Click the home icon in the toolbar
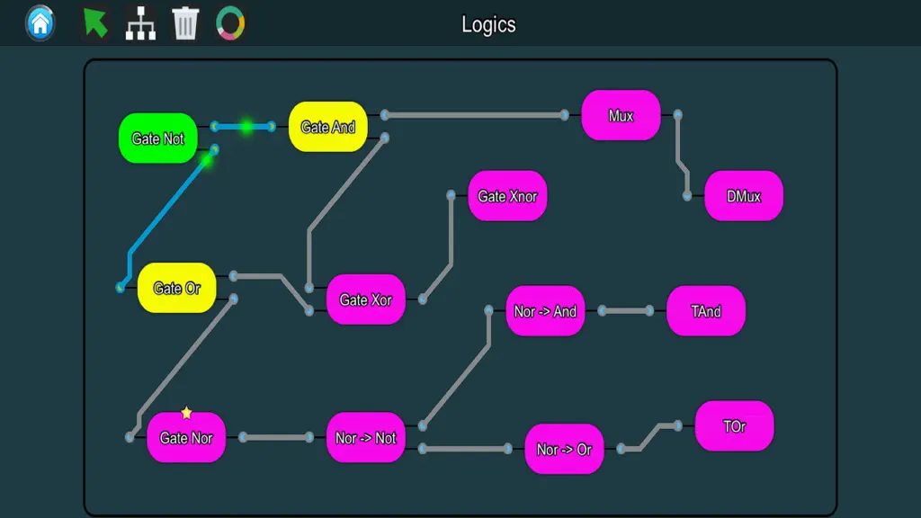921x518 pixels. pyautogui.click(x=40, y=22)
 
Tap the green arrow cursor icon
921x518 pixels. pyautogui.click(x=95, y=22)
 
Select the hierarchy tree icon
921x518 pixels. pyautogui.click(x=140, y=23)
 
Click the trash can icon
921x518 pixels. pyautogui.click(x=185, y=23)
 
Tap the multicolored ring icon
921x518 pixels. pyautogui.click(x=230, y=23)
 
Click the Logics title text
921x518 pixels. pyautogui.click(x=488, y=24)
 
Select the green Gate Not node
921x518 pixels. pyautogui.click(x=158, y=138)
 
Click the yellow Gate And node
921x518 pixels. pyautogui.click(x=327, y=127)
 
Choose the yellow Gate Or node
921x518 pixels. pyautogui.click(x=177, y=288)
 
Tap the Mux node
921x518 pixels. pyautogui.click(x=621, y=115)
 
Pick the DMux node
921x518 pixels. pyautogui.click(x=744, y=196)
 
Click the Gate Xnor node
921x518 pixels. pyautogui.click(x=507, y=196)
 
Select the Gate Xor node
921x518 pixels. pyautogui.click(x=365, y=299)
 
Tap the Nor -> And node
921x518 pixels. pyautogui.click(x=545, y=311)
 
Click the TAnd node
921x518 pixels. pyautogui.click(x=706, y=311)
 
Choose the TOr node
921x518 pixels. pyautogui.click(x=734, y=426)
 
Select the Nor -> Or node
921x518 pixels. pyautogui.click(x=564, y=450)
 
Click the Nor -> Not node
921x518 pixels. pyautogui.click(x=365, y=438)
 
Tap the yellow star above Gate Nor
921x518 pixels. pyautogui.click(x=186, y=413)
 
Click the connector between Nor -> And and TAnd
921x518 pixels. pyautogui.click(x=626, y=310)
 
